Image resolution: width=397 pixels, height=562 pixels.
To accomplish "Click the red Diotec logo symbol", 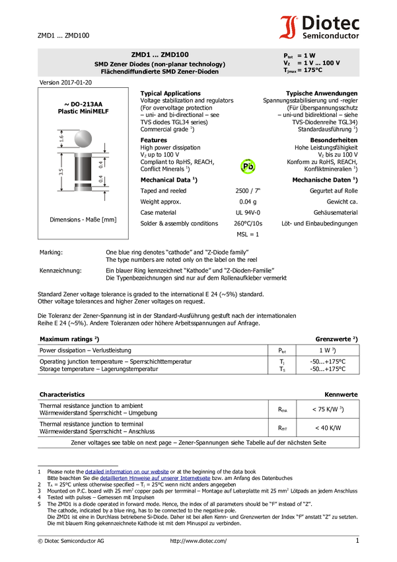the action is (289, 27).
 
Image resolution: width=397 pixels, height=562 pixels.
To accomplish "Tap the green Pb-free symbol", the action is (248, 167).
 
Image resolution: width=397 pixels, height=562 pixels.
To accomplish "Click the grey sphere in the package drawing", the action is (83, 139).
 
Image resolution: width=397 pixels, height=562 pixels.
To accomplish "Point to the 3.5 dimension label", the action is (61, 172).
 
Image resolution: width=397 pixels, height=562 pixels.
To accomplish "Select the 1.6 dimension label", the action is (61, 138).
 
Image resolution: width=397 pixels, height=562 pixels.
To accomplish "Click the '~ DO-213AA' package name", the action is (83, 104).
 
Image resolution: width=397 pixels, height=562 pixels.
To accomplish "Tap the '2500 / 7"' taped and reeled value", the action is (248, 190).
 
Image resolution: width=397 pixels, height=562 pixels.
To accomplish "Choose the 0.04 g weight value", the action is (248, 202).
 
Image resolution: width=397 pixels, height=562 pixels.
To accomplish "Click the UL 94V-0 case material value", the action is (248, 212).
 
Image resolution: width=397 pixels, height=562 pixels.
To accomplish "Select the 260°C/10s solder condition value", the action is (248, 223).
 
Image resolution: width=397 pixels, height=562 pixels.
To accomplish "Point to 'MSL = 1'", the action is (248, 234).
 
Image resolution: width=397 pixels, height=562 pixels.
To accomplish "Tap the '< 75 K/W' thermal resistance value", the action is (328, 409).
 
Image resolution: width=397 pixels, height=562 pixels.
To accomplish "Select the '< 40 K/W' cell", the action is (328, 428).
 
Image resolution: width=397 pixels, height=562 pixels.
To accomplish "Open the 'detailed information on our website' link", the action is (127, 471).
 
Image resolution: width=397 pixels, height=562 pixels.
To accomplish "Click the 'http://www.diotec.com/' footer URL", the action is (198, 541).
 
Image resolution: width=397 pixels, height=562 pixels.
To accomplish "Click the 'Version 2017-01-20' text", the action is (65, 83).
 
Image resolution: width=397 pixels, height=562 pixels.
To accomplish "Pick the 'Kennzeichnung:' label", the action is (61, 270).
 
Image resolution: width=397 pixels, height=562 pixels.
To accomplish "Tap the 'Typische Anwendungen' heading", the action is (322, 93).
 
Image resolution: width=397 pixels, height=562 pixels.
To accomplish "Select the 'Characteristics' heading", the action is (62, 394).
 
